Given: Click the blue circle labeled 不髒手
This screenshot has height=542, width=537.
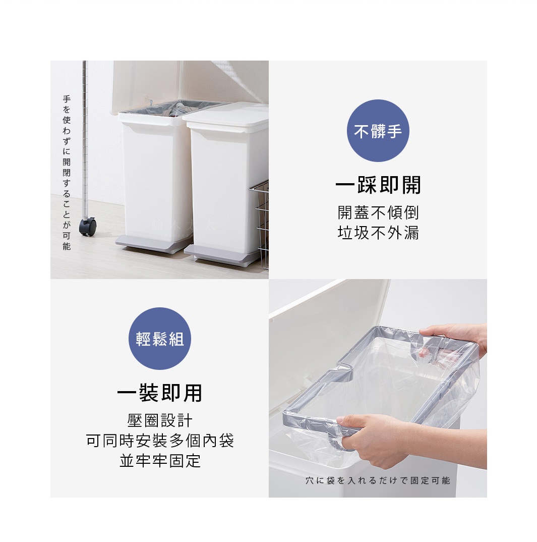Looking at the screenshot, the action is click(x=378, y=131).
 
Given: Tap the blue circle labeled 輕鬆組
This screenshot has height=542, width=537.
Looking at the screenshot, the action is click(x=159, y=339).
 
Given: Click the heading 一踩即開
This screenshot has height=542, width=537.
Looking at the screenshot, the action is click(x=378, y=185).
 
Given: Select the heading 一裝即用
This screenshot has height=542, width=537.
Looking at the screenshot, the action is click(x=159, y=393).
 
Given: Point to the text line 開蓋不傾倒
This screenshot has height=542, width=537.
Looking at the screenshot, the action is click(x=378, y=212).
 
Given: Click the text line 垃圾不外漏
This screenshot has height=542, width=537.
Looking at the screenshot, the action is click(x=378, y=233).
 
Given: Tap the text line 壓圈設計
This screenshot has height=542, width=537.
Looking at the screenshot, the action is click(x=159, y=420).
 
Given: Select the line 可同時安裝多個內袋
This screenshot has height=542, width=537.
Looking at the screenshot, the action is click(x=160, y=441).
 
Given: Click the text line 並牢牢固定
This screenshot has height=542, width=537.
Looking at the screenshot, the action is click(x=160, y=460).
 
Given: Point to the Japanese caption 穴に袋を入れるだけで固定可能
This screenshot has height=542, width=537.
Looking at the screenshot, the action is click(x=378, y=480).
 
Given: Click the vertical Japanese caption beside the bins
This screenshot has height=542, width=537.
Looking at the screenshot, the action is click(x=66, y=173).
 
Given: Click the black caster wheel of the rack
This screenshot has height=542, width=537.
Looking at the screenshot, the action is click(x=88, y=227).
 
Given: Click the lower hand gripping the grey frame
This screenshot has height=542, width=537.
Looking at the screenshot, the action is click(x=397, y=439).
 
